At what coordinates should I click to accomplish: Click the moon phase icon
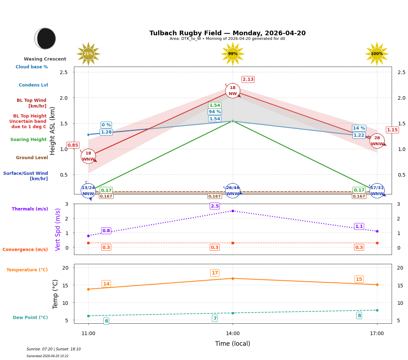coord(45,38)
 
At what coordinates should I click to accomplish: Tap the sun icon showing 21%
coord(88,54)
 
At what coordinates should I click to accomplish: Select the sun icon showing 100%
coord(377,54)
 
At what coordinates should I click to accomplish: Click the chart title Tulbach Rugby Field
coord(227,33)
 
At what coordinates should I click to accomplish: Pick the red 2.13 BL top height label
coord(248,79)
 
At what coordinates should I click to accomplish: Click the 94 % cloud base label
coord(214,112)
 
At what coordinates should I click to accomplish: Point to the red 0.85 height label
coord(73,145)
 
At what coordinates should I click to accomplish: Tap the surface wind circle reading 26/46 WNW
coord(233,191)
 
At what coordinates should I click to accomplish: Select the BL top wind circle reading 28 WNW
coord(377,141)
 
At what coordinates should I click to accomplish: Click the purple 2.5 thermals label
coord(215,206)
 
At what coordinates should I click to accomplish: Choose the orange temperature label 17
coord(215,273)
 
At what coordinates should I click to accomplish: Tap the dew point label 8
coord(359,315)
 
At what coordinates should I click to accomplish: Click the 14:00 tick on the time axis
coord(233,334)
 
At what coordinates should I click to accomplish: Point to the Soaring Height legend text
coord(28,140)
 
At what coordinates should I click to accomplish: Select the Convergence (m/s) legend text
coord(25,250)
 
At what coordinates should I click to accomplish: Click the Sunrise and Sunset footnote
coord(54,349)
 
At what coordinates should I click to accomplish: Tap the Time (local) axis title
coord(233,344)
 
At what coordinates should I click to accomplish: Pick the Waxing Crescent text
coord(45,59)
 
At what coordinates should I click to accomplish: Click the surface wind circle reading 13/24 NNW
coord(88,191)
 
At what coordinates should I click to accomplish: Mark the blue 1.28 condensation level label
coord(106,132)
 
